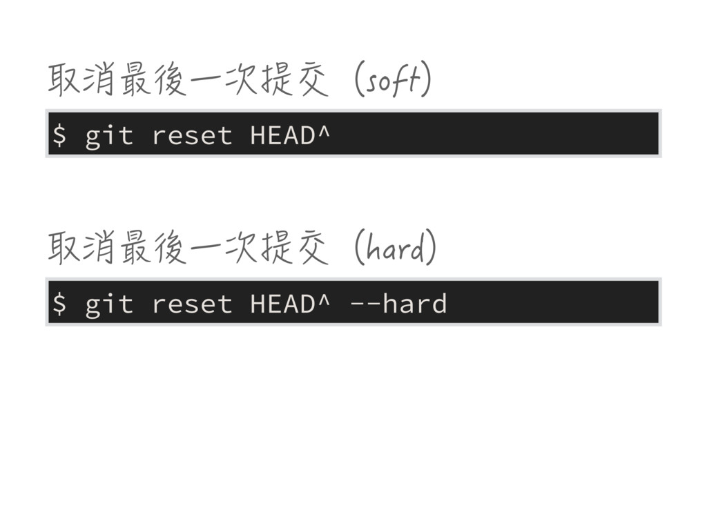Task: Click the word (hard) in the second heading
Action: point(394,250)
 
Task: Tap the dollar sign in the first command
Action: point(60,136)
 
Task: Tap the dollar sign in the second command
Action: point(60,303)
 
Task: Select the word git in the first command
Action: point(108,136)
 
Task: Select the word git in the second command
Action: point(108,303)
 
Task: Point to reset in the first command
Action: point(191,136)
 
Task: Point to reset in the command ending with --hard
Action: point(191,303)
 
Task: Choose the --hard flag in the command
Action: point(398,303)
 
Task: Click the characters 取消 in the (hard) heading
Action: point(81,250)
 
